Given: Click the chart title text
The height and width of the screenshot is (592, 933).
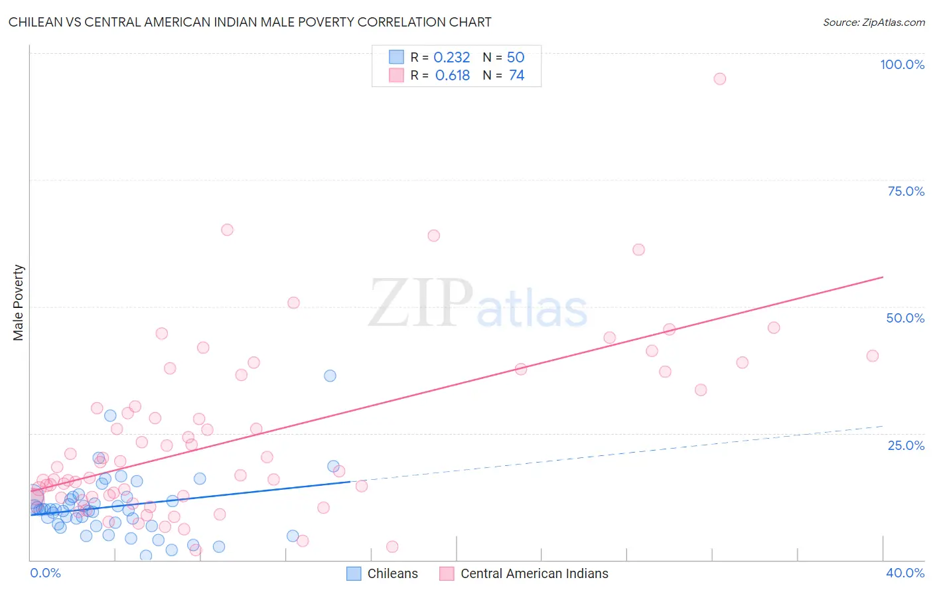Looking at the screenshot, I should [250, 22].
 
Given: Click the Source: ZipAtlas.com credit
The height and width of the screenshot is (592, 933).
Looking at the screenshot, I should [873, 22].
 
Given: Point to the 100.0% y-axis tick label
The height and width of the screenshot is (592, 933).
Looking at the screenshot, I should [902, 64].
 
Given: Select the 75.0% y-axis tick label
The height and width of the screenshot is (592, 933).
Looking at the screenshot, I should [906, 191].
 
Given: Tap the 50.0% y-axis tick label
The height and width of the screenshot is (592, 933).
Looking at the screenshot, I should [905, 318].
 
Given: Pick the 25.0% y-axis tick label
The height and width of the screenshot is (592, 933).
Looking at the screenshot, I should [906, 445].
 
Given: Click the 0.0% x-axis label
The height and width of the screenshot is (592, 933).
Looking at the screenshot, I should [45, 573].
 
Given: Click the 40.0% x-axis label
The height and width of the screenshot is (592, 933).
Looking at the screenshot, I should [905, 573].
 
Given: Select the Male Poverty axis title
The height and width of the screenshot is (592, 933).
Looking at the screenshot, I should [19, 303].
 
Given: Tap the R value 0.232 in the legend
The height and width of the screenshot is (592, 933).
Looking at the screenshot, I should [451, 58].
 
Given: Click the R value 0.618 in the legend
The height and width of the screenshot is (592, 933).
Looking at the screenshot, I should [452, 76].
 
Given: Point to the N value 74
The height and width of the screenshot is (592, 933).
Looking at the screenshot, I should [516, 76].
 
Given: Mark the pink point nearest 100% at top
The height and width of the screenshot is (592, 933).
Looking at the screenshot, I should [719, 79].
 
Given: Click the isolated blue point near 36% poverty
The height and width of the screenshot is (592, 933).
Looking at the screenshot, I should [330, 376].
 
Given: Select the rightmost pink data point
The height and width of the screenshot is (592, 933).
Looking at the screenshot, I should [873, 356].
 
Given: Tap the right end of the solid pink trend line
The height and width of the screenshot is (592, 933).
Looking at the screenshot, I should [883, 277].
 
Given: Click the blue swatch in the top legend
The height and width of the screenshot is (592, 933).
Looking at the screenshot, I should [396, 57].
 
